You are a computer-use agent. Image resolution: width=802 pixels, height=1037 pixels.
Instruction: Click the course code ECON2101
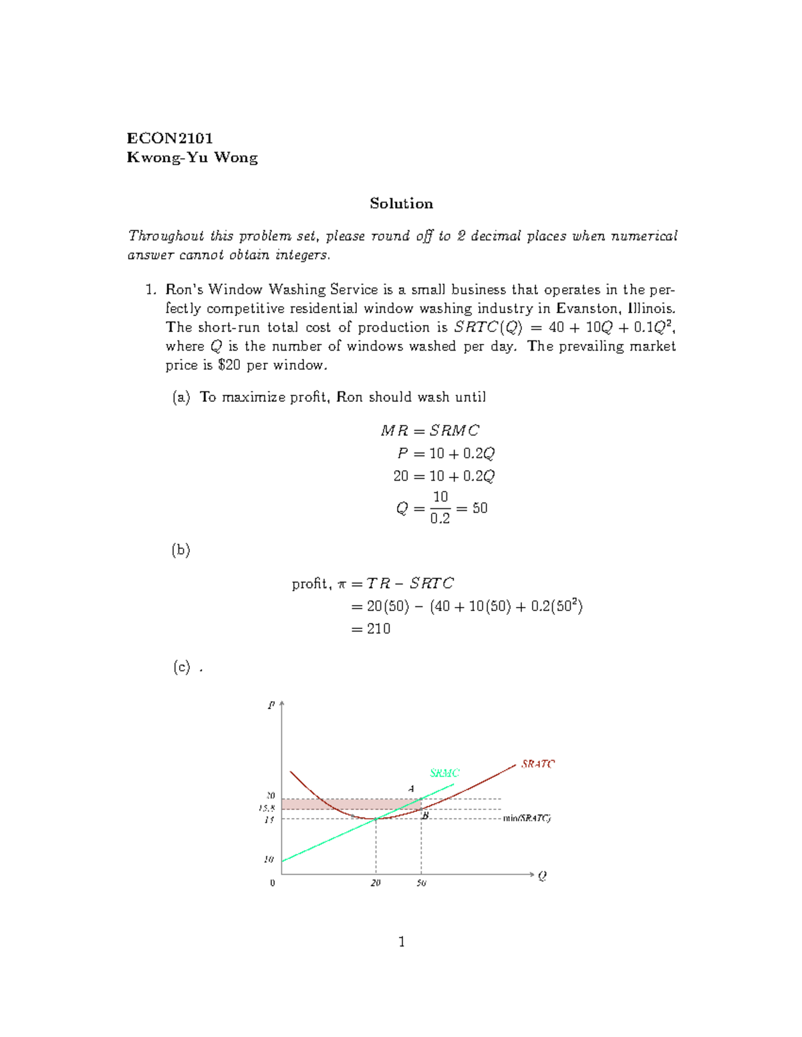pos(170,138)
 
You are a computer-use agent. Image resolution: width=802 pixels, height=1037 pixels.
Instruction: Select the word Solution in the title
pos(401,204)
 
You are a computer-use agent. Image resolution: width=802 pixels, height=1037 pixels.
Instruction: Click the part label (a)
pos(181,397)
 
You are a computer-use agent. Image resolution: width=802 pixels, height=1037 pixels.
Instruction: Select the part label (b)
pos(181,550)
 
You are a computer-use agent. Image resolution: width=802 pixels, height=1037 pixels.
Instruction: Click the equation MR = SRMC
pos(430,431)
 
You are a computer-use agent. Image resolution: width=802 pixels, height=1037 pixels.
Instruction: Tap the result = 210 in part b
pos(371,629)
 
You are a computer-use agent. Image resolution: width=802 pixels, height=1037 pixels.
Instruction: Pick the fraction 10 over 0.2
pos(440,507)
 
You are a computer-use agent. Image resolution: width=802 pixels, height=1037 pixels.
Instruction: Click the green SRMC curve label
pos(444,773)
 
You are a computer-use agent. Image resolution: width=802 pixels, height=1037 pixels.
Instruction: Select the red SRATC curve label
pos(538,764)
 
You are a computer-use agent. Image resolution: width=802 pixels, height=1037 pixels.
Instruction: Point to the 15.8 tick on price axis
pos(267,808)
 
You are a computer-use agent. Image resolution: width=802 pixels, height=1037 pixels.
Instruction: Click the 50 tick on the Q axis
pos(421,883)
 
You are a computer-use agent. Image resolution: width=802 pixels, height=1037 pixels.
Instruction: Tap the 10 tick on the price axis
pos(269,859)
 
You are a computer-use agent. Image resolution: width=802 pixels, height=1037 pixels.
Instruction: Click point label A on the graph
pos(412,789)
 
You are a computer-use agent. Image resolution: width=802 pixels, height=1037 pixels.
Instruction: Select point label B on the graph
pos(425,815)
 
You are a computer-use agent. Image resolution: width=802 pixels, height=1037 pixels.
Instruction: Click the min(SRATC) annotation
pos(527,818)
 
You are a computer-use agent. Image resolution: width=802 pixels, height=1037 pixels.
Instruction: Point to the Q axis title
pos(542,876)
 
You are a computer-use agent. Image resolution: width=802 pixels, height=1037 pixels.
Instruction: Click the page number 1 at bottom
pos(402,942)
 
